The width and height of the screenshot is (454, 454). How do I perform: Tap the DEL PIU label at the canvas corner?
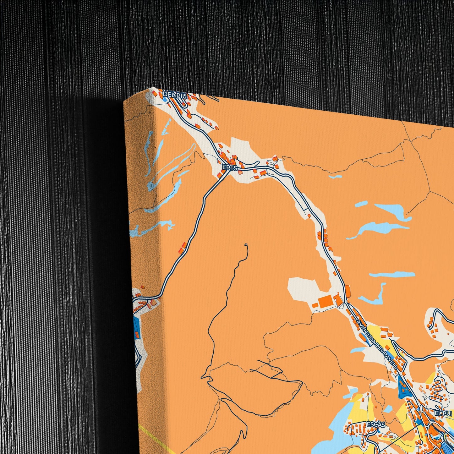177,94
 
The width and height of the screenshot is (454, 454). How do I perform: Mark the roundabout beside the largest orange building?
345,302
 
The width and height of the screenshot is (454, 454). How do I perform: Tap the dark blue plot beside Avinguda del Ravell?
402,386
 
